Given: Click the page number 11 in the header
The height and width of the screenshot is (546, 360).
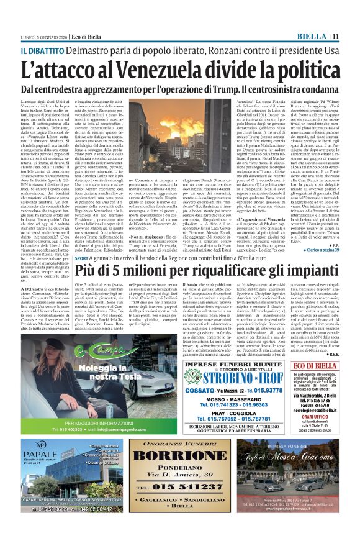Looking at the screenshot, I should (351, 37).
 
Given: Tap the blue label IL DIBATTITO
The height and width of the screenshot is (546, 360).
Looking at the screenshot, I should (42, 50).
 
